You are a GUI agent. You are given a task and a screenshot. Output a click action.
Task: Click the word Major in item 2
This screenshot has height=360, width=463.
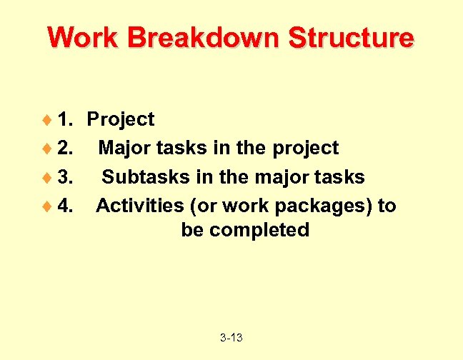click(x=122, y=148)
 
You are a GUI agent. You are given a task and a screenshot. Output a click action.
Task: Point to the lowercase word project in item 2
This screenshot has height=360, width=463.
click(x=305, y=149)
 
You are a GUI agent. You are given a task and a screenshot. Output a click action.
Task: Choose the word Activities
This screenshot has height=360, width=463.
click(x=140, y=206)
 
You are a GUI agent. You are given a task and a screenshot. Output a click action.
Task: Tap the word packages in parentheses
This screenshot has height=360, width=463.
click(x=319, y=206)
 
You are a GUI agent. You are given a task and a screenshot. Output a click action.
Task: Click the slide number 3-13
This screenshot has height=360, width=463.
click(x=231, y=337)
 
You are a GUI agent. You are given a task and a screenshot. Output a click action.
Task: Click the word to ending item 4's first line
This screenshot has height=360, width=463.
click(x=387, y=206)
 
